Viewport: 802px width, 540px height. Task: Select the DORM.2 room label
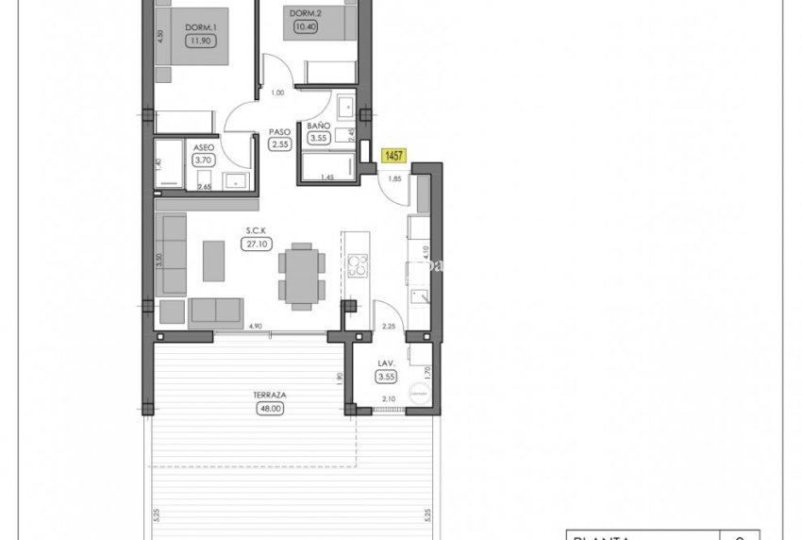click(301, 13)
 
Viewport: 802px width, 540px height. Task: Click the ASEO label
click(203, 148)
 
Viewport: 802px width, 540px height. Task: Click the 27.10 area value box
click(252, 243)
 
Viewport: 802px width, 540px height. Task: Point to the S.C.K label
click(252, 229)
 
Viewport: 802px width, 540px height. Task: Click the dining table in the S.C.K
click(303, 273)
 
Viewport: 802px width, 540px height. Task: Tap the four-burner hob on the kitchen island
click(358, 266)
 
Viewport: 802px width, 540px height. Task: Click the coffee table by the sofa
click(214, 261)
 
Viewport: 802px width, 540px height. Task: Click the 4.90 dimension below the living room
click(254, 327)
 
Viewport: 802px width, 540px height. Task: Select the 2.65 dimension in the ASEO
click(204, 187)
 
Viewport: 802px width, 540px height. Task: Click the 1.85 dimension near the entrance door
click(394, 178)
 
